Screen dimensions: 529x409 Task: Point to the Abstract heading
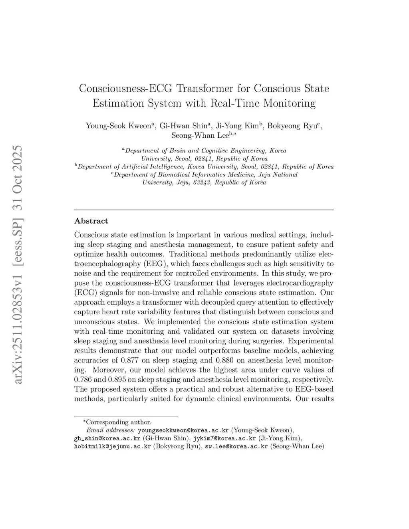point(91,221)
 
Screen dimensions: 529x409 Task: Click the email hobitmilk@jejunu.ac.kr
point(113,446)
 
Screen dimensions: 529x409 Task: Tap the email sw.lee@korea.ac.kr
point(236,446)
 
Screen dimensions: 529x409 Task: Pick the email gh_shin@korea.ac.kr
point(107,438)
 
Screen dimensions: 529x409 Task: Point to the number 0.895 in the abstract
point(118,380)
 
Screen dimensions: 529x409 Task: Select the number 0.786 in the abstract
point(83,380)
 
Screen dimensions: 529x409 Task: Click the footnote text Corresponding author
point(119,422)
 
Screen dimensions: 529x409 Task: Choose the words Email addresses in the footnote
point(111,430)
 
